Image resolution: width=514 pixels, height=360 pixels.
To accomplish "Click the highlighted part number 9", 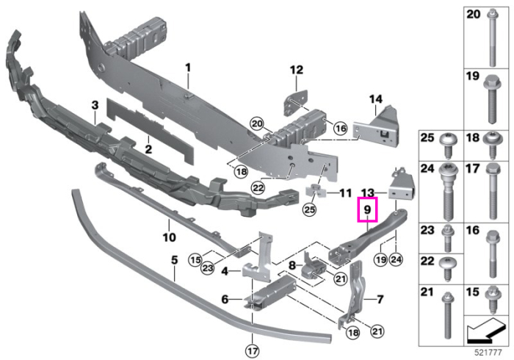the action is (367, 209).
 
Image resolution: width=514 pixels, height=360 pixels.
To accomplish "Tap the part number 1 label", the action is (188, 68).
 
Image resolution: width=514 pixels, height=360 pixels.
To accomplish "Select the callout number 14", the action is (376, 98).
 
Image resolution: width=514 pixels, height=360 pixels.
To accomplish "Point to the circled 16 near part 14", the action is (341, 128).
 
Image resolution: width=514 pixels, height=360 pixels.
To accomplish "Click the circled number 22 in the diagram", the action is (258, 188).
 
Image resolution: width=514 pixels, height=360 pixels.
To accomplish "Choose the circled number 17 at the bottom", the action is (252, 351).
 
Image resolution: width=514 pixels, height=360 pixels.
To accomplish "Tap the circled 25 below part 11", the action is (310, 209).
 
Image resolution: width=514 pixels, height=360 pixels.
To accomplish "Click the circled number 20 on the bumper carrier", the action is (257, 124).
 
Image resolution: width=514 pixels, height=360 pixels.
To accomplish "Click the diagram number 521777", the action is (488, 353).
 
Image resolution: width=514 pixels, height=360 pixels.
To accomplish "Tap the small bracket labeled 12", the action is (295, 102).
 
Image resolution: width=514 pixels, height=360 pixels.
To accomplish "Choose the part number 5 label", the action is (175, 260).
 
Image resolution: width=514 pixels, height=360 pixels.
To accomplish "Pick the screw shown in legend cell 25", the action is (446, 146).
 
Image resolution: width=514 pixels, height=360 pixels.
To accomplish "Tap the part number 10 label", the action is (169, 237).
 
